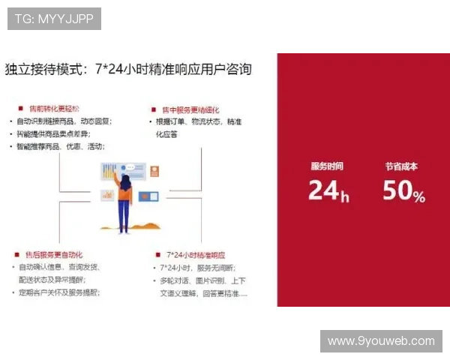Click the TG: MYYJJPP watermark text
pos(54,19)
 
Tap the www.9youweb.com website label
pos(381,341)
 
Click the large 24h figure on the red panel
pos(328,191)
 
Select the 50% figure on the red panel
pos(403,191)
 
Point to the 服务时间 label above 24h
pos(327,166)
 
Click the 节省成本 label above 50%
pos(401,166)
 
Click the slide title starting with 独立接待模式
pos(128,69)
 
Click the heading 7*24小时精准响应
pos(196,254)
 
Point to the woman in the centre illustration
pos(124,202)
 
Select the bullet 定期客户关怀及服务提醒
pos(60,292)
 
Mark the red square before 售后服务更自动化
pos(16,254)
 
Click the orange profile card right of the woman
pos(154,171)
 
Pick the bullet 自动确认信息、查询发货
pos(60,267)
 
